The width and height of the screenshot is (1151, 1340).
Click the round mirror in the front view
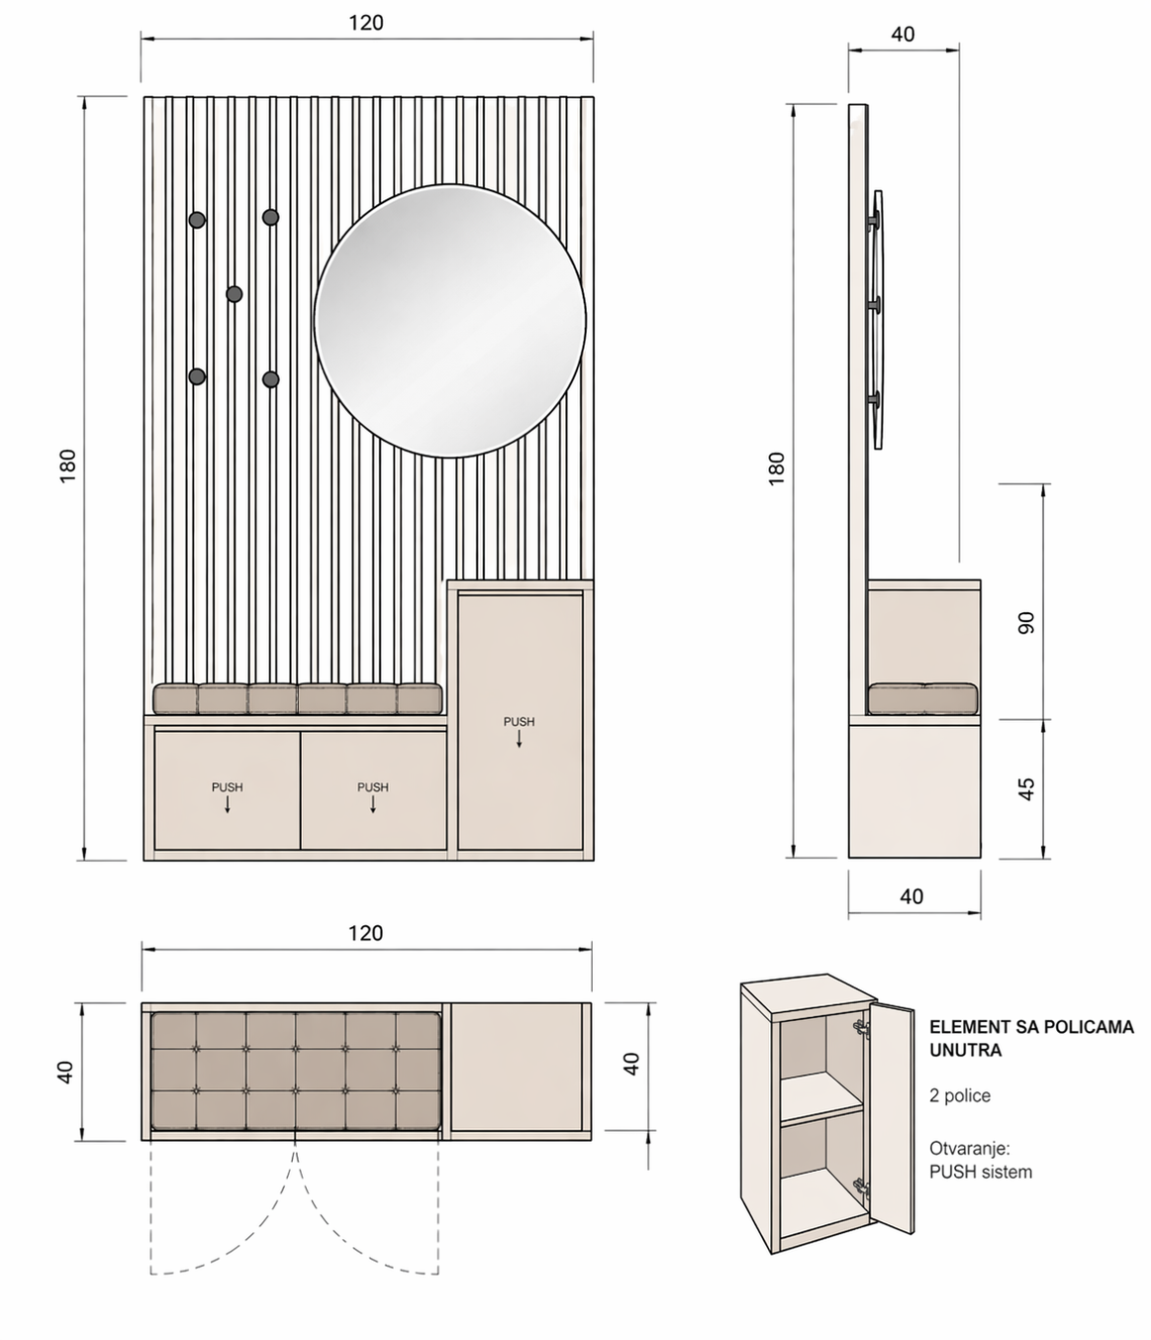click(x=450, y=321)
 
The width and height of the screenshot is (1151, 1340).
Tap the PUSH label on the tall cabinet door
click(x=519, y=722)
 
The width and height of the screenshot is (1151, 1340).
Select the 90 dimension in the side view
click(x=1026, y=623)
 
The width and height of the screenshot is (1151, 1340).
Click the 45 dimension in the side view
click(x=1026, y=789)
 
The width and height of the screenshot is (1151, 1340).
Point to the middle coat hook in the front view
click(x=234, y=294)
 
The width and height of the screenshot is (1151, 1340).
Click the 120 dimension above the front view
click(x=366, y=24)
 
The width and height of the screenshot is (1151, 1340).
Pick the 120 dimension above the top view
click(x=366, y=934)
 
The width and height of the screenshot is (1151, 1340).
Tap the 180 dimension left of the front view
click(x=68, y=464)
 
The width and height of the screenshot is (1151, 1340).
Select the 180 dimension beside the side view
click(x=776, y=468)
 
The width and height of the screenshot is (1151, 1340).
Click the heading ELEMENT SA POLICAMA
click(x=1032, y=1027)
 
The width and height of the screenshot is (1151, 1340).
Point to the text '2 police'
click(x=960, y=1095)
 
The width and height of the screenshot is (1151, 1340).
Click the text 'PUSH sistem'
click(x=981, y=1172)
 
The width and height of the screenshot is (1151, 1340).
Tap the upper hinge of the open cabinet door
click(x=861, y=1028)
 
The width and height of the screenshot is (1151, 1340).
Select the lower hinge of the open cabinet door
click(x=861, y=1187)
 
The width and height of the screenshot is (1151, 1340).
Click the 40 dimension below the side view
click(x=911, y=896)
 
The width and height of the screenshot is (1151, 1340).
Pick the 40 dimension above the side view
click(x=903, y=34)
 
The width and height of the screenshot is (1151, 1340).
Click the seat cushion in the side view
click(x=922, y=698)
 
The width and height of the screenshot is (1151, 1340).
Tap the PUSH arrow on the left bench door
click(x=228, y=804)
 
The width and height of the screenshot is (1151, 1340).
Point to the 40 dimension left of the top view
click(x=65, y=1073)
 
